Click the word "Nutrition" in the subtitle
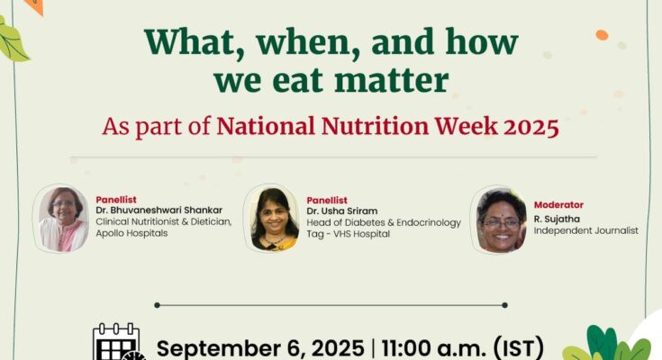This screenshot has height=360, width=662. pyautogui.click(x=375, y=126)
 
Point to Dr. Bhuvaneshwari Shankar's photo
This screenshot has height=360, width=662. pyautogui.click(x=61, y=219)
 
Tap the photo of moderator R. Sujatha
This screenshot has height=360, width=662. pyautogui.click(x=501, y=220)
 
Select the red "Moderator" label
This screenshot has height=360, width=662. pyautogui.click(x=558, y=205)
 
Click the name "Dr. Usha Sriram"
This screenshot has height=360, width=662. pyautogui.click(x=342, y=211)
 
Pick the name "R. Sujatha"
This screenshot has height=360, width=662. pyautogui.click(x=557, y=219)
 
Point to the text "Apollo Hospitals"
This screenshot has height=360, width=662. pyautogui.click(x=131, y=233)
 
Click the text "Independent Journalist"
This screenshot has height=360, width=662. pyautogui.click(x=586, y=230)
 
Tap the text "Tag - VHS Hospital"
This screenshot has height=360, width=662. pyautogui.click(x=349, y=234)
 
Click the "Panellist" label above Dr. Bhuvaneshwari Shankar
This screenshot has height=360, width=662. pyautogui.click(x=116, y=200)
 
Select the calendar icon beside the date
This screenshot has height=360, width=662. pyautogui.click(x=118, y=342)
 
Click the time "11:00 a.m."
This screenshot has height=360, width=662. pyautogui.click(x=433, y=348)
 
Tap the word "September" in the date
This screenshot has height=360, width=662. pyautogui.click(x=217, y=349)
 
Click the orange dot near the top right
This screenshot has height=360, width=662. pyautogui.click(x=602, y=35)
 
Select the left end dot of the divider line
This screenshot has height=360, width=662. pyautogui.click(x=157, y=305)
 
